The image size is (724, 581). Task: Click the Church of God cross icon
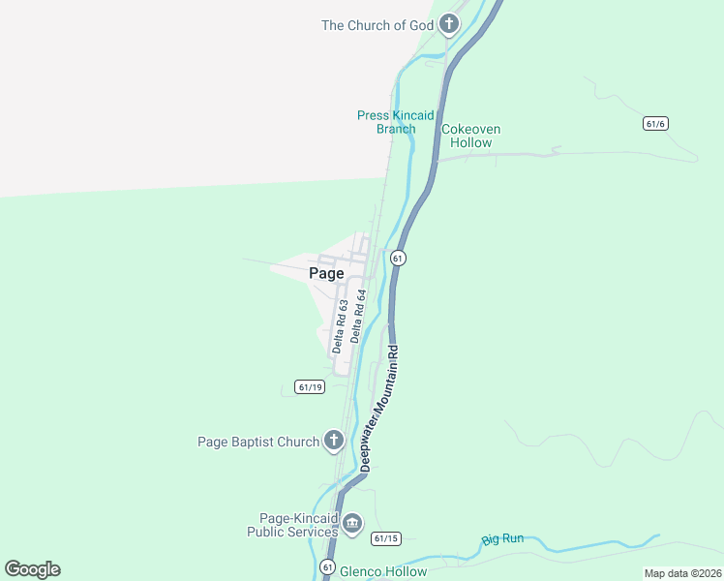pyautogui.click(x=449, y=24)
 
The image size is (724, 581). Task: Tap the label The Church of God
pyautogui.click(x=377, y=25)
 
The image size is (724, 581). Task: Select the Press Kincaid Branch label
pyautogui.click(x=396, y=122)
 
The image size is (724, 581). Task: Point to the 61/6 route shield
pyautogui.click(x=655, y=124)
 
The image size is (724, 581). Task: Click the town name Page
pyautogui.click(x=326, y=273)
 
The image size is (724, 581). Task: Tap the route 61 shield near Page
pyautogui.click(x=397, y=258)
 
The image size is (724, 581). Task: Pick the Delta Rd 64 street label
pyautogui.click(x=359, y=316)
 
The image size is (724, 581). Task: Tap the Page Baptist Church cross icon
pyautogui.click(x=333, y=442)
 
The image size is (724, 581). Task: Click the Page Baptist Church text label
pyautogui.click(x=258, y=442)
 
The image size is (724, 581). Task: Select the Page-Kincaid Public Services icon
pyautogui.click(x=352, y=525)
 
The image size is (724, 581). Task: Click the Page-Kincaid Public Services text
pyautogui.click(x=292, y=525)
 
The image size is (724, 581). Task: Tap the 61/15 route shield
pyautogui.click(x=385, y=538)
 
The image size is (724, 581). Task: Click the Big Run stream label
pyautogui.click(x=502, y=538)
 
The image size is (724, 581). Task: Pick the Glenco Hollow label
pyautogui.click(x=383, y=571)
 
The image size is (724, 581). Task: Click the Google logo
pyautogui.click(x=32, y=569)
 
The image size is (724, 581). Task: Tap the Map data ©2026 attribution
pyautogui.click(x=682, y=573)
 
